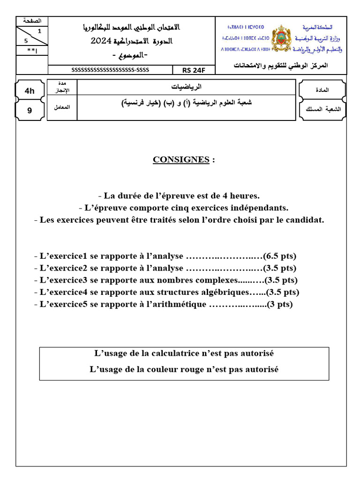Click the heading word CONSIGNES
181,159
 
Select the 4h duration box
30,91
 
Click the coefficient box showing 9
30,111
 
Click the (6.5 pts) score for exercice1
279,256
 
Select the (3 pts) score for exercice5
279,304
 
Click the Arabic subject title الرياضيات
186,87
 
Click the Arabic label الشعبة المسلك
323,109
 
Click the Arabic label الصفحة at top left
32,21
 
